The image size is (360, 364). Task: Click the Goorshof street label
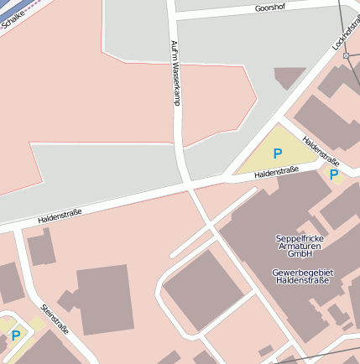click(263, 9)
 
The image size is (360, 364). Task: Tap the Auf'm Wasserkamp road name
click(175, 73)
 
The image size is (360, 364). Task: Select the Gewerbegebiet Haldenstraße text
click(301, 276)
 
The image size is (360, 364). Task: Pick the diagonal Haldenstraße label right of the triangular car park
click(320, 150)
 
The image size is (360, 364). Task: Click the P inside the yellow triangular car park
click(278, 154)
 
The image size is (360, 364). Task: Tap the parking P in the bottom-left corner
click(15, 335)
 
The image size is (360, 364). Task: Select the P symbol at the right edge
click(334, 174)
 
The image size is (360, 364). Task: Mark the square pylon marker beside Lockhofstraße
click(346, 55)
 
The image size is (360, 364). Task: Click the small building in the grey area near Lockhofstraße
click(290, 78)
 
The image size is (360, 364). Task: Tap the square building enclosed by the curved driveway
click(201, 289)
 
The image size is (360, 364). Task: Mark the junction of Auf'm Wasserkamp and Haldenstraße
click(186, 182)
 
